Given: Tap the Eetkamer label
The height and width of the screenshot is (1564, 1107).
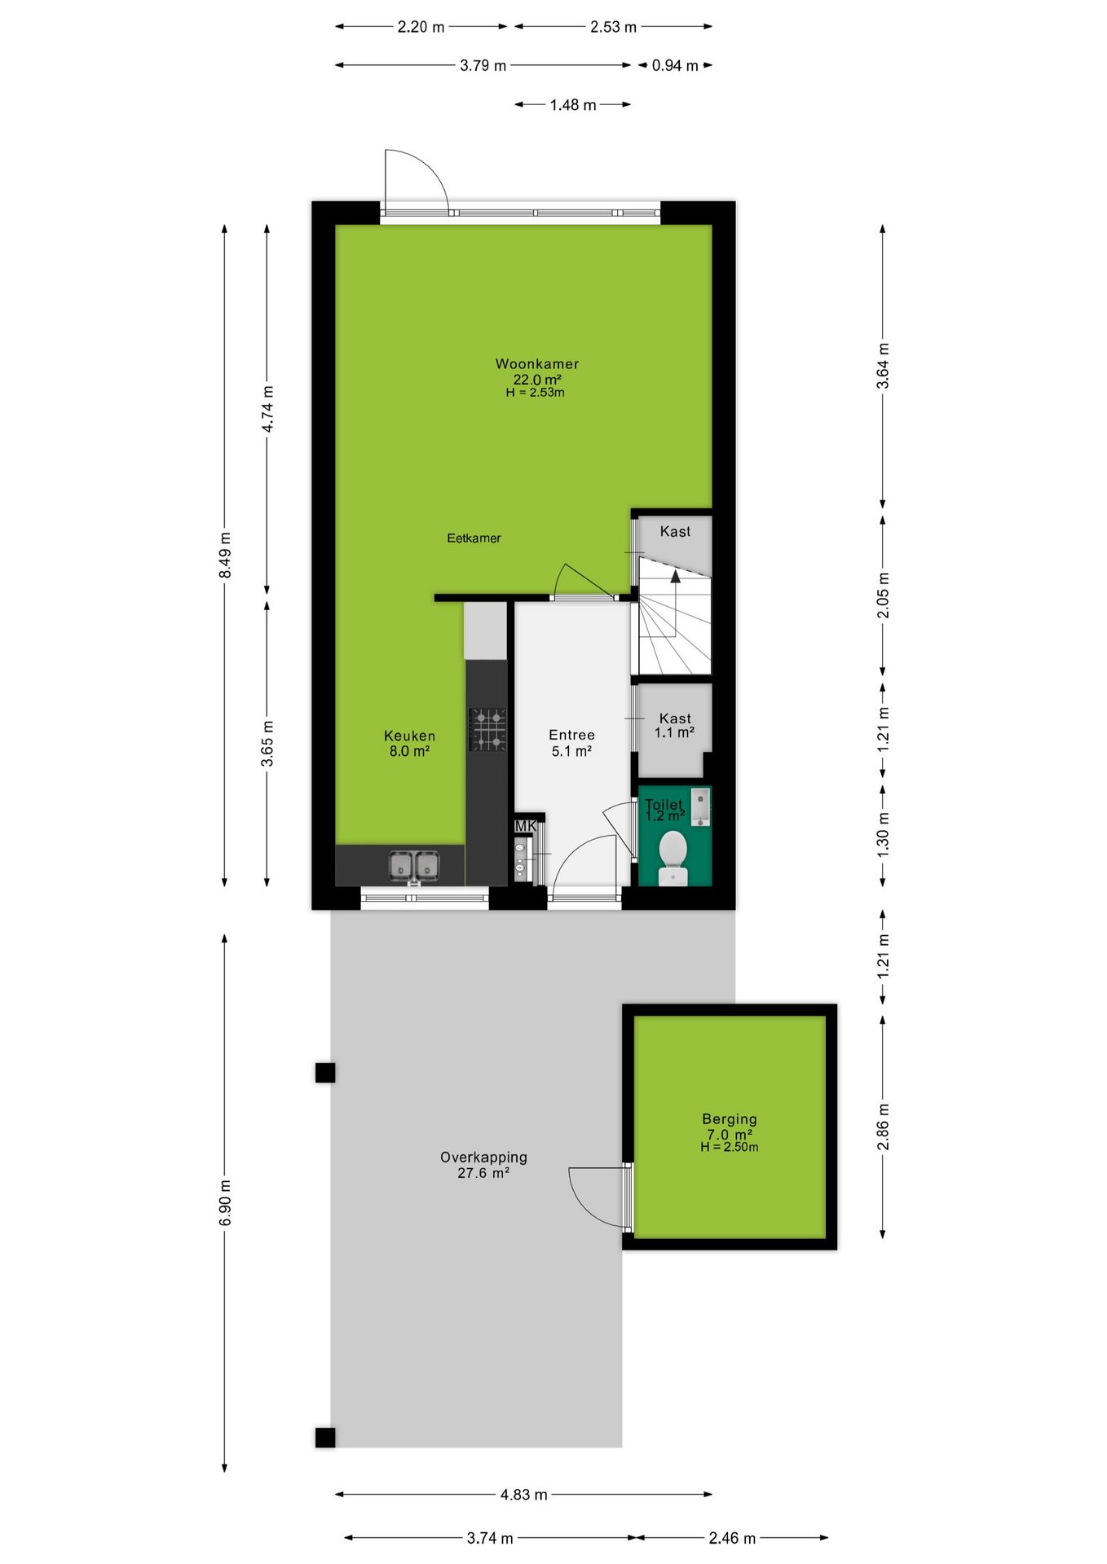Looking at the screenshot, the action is [x=474, y=538].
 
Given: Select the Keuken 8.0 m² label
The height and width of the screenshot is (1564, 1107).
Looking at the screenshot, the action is [x=409, y=743].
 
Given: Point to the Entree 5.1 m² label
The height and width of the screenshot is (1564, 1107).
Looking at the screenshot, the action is [x=571, y=743].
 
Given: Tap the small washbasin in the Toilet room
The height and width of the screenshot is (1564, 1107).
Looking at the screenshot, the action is [x=701, y=807].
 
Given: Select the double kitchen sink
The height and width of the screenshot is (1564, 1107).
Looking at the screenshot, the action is [x=414, y=866].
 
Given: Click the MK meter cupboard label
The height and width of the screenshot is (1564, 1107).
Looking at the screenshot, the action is [x=526, y=826].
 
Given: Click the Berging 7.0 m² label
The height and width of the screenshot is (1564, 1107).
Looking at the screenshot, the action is [x=729, y=1132].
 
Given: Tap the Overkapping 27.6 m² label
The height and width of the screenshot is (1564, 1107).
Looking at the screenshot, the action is [x=483, y=1165].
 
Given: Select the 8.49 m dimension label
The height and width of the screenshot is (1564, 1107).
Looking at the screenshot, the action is [x=225, y=556].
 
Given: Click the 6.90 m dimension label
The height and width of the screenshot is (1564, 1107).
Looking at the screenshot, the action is [x=225, y=1202].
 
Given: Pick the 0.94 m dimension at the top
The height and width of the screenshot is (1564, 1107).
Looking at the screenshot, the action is [x=675, y=65].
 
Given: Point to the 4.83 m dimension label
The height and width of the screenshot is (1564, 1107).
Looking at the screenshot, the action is [x=524, y=1495].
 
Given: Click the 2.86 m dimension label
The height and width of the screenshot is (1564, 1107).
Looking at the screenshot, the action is [x=883, y=1127].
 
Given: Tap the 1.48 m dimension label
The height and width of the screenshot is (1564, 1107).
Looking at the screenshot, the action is [x=573, y=105].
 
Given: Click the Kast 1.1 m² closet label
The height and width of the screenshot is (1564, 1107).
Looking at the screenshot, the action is [x=675, y=725].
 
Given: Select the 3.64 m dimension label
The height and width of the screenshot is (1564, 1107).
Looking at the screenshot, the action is [x=883, y=367].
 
